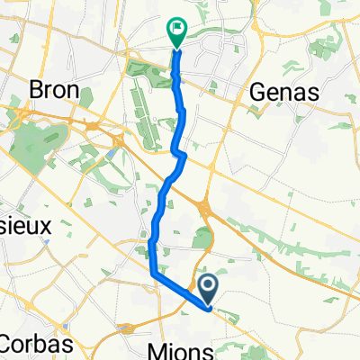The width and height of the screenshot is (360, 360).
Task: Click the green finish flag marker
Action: click(x=175, y=33)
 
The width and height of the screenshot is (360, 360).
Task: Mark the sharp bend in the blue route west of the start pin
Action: click(x=152, y=271)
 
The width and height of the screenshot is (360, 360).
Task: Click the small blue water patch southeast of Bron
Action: click(x=107, y=156)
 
